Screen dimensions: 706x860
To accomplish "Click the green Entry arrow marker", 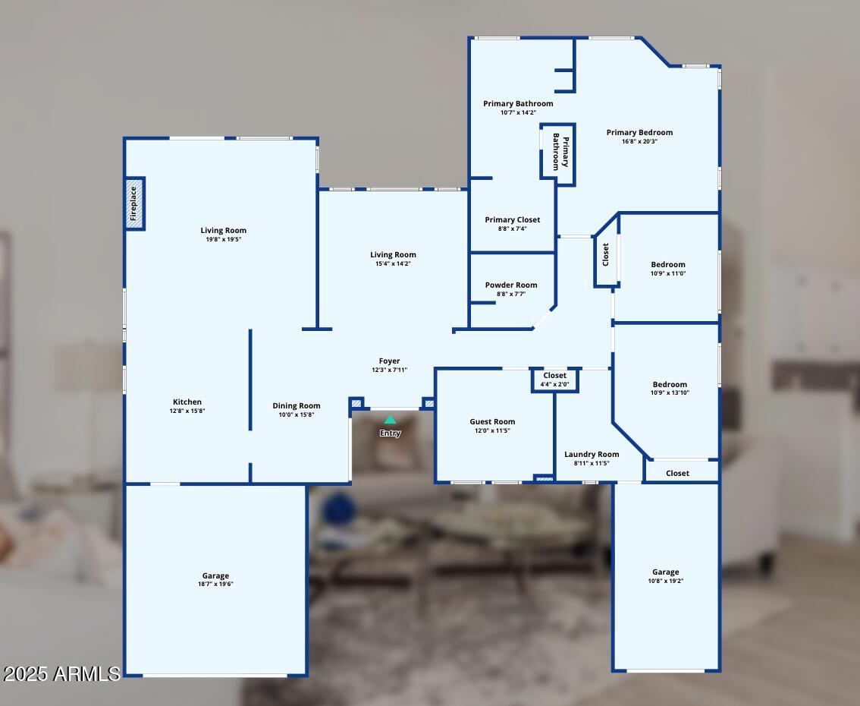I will pyautogui.click(x=390, y=420).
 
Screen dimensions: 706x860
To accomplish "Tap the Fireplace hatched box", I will pyautogui.click(x=135, y=203).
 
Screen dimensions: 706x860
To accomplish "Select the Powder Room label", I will pyautogui.click(x=511, y=285).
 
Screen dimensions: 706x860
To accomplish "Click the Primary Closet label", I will pyautogui.click(x=513, y=220).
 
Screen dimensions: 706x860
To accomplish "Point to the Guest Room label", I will pyautogui.click(x=492, y=421).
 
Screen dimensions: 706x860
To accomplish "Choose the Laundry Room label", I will pyautogui.click(x=592, y=454).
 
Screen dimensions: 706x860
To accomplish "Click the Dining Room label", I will pyautogui.click(x=297, y=405).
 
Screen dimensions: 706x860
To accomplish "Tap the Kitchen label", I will pyautogui.click(x=187, y=402).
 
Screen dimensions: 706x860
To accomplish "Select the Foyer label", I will pyautogui.click(x=390, y=361).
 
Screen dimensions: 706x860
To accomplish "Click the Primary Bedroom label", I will pyautogui.click(x=639, y=132).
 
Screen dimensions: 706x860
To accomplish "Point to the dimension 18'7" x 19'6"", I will pyautogui.click(x=215, y=585).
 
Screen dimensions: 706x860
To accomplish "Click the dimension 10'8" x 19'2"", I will pyautogui.click(x=666, y=581).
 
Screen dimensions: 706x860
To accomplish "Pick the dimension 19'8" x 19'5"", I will pyautogui.click(x=224, y=239).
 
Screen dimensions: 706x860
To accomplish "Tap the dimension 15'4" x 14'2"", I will pyautogui.click(x=394, y=263).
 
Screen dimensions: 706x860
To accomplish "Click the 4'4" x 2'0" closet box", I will pyautogui.click(x=555, y=380).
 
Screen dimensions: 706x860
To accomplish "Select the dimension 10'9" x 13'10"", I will pyautogui.click(x=670, y=392).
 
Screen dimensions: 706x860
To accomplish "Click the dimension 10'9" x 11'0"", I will pyautogui.click(x=668, y=273).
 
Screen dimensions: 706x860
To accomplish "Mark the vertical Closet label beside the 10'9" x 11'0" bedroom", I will pyautogui.click(x=605, y=254).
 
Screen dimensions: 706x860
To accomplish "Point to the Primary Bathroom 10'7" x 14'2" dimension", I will pyautogui.click(x=518, y=112).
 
